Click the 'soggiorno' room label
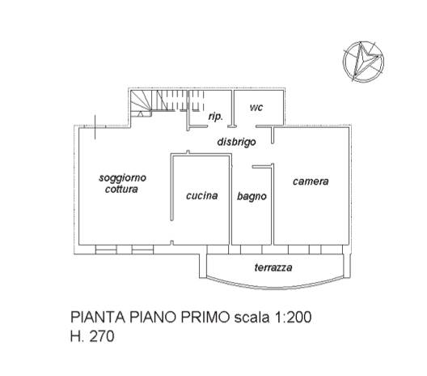coord(123,179)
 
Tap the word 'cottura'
coord(121,189)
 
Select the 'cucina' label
coord(202,195)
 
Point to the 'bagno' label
coord(252,196)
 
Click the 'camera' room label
coord(311,182)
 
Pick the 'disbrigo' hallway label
coord(236,142)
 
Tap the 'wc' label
coord(256,107)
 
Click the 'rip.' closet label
coord(216,117)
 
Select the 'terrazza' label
coord(273,267)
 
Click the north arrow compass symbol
coord(363,62)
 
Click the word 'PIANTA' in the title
coord(98,318)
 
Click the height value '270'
coord(102,336)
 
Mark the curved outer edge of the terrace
coord(274,287)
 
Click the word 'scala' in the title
coord(252,318)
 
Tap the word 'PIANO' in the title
coord(153,318)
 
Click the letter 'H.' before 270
coord(78,336)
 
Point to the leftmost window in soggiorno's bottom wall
coord(106,250)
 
